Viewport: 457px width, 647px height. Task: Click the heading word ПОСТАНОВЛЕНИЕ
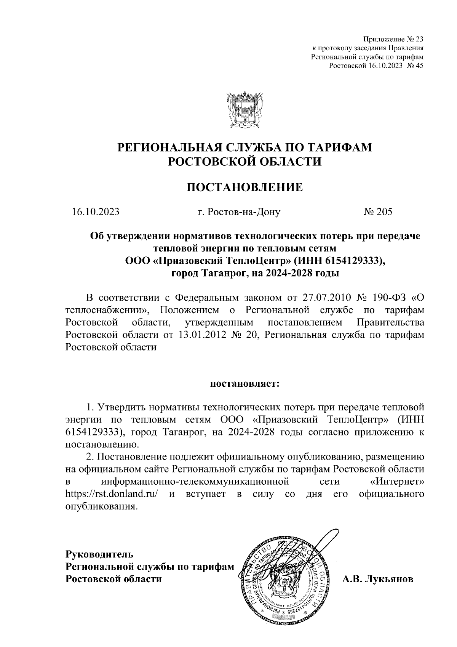point(244,187)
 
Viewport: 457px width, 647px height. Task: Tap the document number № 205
point(377,212)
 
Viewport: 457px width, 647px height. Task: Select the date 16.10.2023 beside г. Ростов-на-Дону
point(96,212)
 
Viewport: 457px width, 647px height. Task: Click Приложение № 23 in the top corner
point(393,39)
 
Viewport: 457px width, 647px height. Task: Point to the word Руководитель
point(99,553)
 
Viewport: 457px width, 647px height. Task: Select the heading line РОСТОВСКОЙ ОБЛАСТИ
point(244,161)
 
